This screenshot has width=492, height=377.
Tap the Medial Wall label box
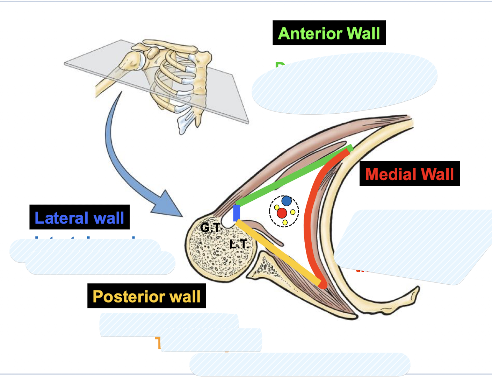coord(410,174)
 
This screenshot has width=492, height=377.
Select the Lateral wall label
coord(79,218)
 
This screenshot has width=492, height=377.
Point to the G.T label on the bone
coord(210,228)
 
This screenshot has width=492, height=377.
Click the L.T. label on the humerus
coord(239,244)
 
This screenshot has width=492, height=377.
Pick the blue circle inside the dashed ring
coord(287,201)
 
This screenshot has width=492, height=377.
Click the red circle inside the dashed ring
coord(282,213)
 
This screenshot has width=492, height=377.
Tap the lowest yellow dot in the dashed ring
coord(285,222)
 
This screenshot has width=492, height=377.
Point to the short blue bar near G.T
coord(237,213)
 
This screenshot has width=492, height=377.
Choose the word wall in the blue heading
coord(109,218)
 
